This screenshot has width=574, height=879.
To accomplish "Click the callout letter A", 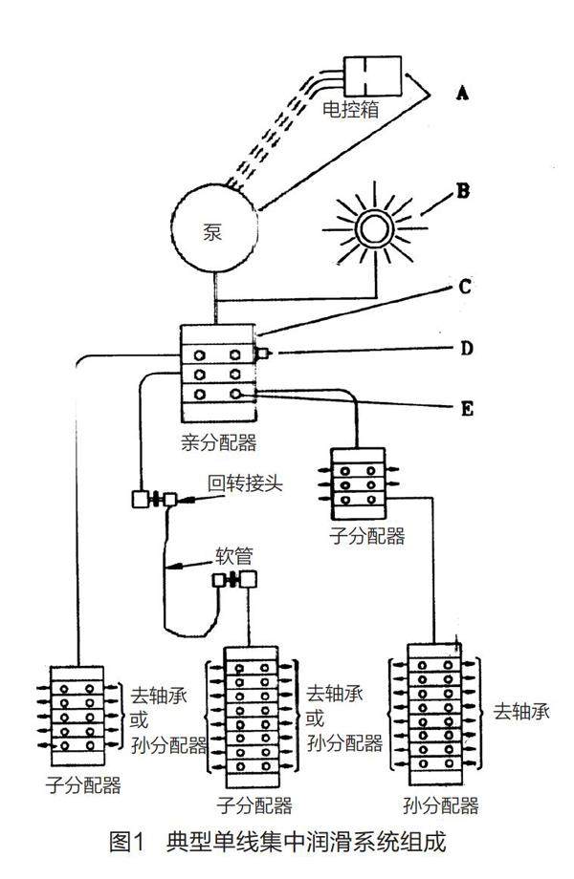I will [x=463, y=93].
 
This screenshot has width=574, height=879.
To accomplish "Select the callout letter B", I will [x=463, y=190].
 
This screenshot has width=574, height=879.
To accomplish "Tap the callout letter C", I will [x=465, y=286].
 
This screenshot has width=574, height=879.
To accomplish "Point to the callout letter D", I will [x=466, y=348].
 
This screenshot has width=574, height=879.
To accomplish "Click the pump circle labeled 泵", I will [x=214, y=229].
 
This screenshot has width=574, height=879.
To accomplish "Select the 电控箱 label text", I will [x=350, y=109].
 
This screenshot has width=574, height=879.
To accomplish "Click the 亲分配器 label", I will [x=219, y=441].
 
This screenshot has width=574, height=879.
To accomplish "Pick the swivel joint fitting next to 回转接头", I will [x=152, y=499].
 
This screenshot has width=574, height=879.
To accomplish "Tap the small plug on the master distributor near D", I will [x=261, y=353].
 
